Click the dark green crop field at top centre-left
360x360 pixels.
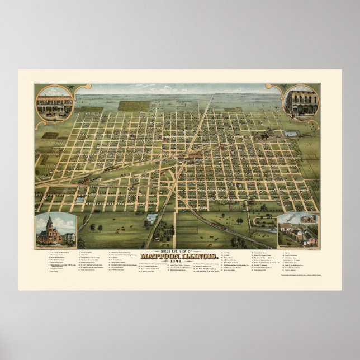[134, 105]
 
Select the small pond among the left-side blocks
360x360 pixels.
[79, 199]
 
